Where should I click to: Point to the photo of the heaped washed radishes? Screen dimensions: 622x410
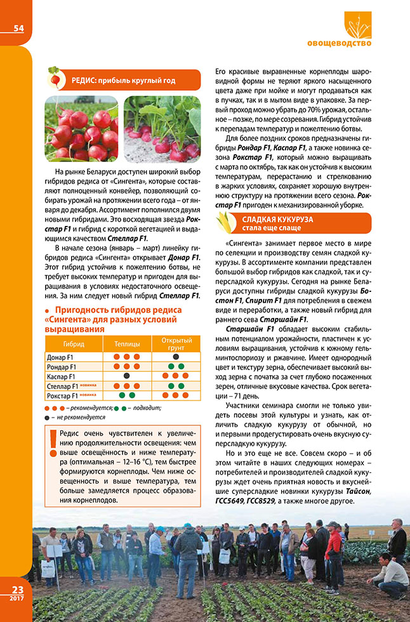point(81,128)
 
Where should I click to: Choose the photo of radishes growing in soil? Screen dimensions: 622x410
point(162,128)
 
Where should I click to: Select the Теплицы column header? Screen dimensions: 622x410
point(127,343)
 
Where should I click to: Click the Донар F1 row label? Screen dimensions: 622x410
point(60,357)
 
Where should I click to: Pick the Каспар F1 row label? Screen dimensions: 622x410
point(61,376)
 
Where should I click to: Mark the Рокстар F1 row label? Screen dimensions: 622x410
point(61,395)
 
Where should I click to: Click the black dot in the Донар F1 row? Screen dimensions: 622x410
point(176,357)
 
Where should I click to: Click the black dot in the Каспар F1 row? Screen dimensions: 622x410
point(127,376)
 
